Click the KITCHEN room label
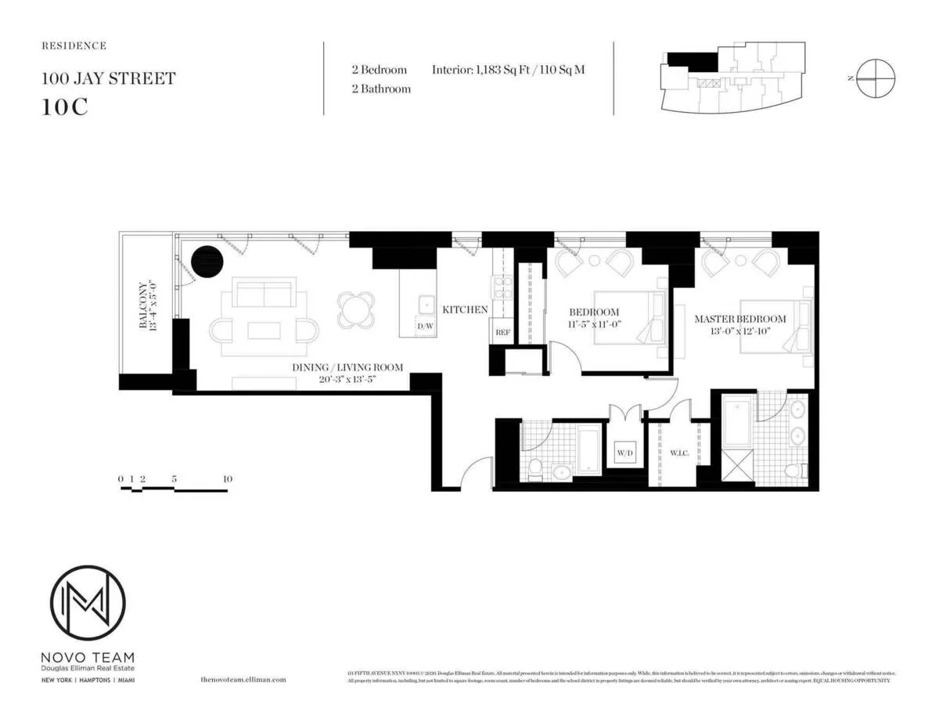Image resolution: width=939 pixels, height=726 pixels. [x=465, y=310]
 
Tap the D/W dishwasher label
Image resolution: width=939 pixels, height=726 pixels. [x=425, y=326]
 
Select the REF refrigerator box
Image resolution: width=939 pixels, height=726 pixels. [x=502, y=332]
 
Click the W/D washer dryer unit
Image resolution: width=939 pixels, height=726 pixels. [x=624, y=453]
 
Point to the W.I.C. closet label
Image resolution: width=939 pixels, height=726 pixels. [x=678, y=452]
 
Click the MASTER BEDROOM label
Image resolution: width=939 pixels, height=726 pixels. [x=740, y=320]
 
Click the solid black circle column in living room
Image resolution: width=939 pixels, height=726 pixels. [x=207, y=262]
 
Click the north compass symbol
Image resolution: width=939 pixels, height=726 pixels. [x=875, y=78]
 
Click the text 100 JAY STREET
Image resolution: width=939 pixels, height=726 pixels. [x=108, y=78]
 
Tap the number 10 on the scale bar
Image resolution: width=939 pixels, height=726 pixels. [x=227, y=479]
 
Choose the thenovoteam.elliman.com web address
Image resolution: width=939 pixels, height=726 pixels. [x=243, y=680]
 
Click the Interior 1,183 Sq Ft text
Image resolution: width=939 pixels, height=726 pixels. [x=508, y=70]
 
